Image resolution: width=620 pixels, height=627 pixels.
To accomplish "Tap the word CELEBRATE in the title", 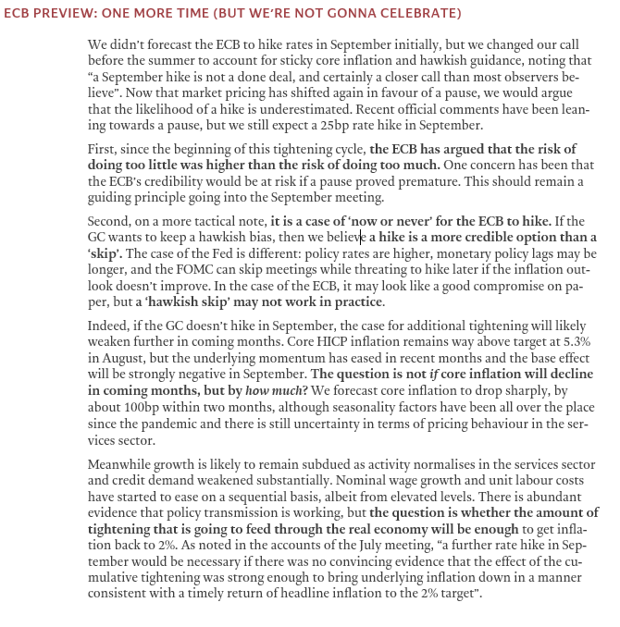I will [x=416, y=13].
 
